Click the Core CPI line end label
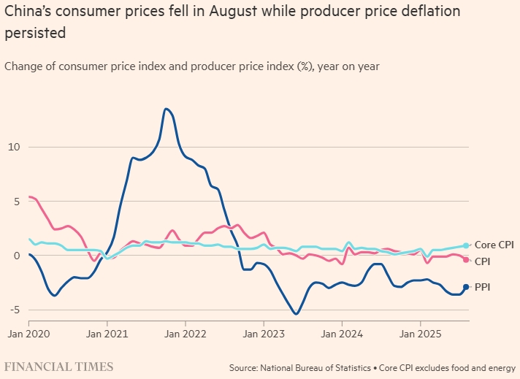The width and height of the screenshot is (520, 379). pyautogui.click(x=494, y=245)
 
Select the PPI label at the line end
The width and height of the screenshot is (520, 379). pyautogui.click(x=483, y=287)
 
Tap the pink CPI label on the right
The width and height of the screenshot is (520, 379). pyautogui.click(x=483, y=261)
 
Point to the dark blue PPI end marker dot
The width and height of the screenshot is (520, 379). pyautogui.click(x=466, y=287)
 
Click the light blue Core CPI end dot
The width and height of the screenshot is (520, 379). pyautogui.click(x=466, y=246)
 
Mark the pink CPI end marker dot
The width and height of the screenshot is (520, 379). pyautogui.click(x=466, y=260)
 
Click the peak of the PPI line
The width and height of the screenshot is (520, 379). pyautogui.click(x=167, y=109)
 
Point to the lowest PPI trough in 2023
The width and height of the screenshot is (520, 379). pyautogui.click(x=296, y=314)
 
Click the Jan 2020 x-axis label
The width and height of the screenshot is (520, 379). pyautogui.click(x=29, y=334)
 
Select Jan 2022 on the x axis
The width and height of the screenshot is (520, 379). pyautogui.click(x=186, y=334)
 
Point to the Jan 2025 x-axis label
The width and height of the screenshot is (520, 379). pyautogui.click(x=421, y=334)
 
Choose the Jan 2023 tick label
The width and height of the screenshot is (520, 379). pyautogui.click(x=264, y=334)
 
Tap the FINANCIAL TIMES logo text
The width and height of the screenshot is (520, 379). pyautogui.click(x=59, y=366)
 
